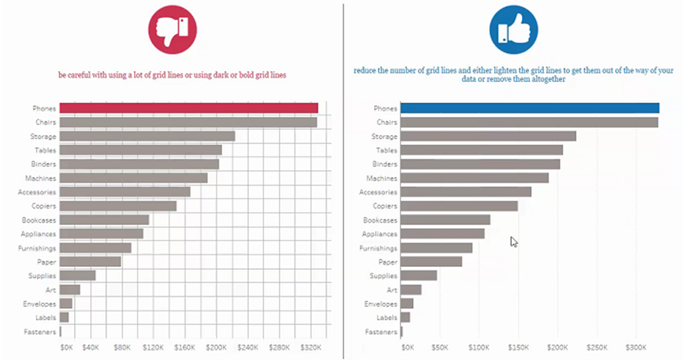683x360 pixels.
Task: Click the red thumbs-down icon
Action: [172, 30]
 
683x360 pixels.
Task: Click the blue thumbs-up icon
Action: [513, 30]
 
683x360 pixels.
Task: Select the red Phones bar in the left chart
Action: [189, 108]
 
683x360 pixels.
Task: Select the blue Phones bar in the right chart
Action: [530, 108]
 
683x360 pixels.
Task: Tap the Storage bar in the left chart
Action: [148, 137]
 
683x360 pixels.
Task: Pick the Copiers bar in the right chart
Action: [459, 206]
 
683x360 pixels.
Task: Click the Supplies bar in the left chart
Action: [77, 276]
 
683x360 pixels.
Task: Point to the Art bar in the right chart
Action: [411, 290]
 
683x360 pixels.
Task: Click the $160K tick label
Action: [185, 347]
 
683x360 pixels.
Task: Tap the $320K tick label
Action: [310, 347]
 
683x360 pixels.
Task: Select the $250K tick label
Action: [597, 347]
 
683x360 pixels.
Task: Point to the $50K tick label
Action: [440, 347]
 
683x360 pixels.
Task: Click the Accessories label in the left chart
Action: [37, 192]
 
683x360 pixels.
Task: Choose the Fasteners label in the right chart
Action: [381, 332]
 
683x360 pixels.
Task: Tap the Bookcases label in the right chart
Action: [381, 220]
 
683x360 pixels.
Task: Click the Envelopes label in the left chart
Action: [39, 304]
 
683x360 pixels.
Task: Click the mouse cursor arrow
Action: [514, 242]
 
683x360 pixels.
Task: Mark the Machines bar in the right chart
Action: [475, 178]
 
